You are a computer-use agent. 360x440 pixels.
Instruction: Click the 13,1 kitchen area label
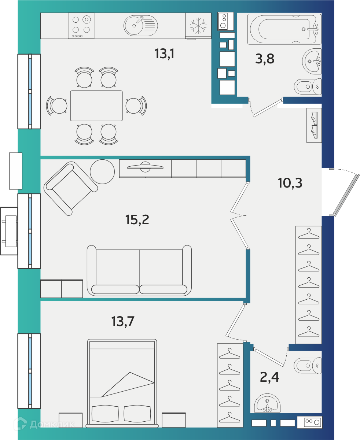tap(164, 54)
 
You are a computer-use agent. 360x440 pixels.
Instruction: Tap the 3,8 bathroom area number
tap(265, 59)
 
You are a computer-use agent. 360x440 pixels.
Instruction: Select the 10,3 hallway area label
tap(290, 183)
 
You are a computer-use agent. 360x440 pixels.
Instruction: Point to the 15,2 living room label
tap(137, 220)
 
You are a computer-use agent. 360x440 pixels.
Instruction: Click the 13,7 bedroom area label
tap(123, 321)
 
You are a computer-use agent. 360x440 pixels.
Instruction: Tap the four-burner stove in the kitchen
tap(81, 26)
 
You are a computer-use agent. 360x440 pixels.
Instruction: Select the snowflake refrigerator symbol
tap(198, 26)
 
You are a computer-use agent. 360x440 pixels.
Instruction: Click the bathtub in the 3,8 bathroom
tap(284, 29)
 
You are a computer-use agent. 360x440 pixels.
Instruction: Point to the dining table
tap(96, 106)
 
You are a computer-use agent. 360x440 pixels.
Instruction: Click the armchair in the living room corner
tap(71, 188)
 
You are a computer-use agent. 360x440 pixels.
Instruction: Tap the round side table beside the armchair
tap(102, 171)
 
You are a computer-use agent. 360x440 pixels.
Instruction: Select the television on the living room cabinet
tap(145, 167)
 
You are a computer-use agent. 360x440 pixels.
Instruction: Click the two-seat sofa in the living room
tap(139, 270)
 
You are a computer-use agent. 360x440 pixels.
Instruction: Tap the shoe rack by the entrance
tap(314, 125)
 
